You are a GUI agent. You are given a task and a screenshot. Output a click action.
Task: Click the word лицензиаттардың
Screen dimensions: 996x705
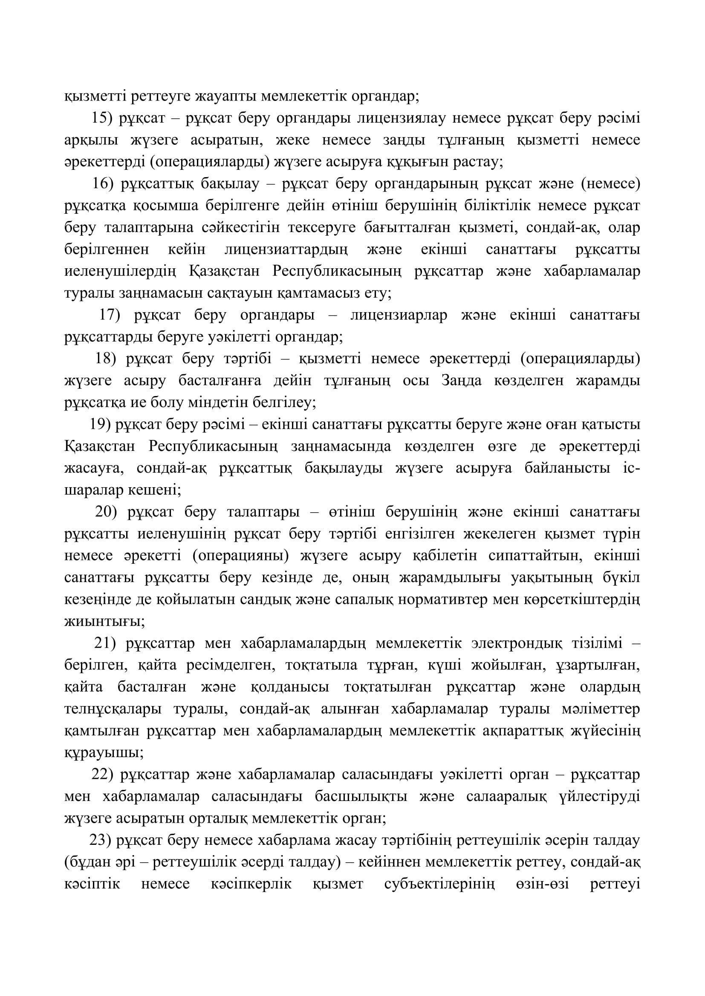click(x=286, y=250)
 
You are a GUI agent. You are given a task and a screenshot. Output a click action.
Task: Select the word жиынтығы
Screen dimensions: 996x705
click(x=104, y=621)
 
